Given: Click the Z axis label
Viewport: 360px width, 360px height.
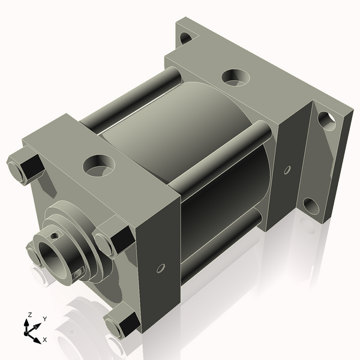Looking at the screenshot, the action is (29, 314).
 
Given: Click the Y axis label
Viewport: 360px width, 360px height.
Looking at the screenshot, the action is (45, 319).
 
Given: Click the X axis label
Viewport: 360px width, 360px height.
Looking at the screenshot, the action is (45, 340).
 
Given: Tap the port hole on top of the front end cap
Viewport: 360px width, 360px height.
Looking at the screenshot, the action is (99, 166).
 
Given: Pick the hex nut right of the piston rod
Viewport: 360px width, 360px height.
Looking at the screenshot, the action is (114, 241).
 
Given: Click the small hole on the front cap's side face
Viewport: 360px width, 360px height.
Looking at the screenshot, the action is (161, 268).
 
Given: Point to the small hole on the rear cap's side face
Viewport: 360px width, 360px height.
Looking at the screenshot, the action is (287, 170).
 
